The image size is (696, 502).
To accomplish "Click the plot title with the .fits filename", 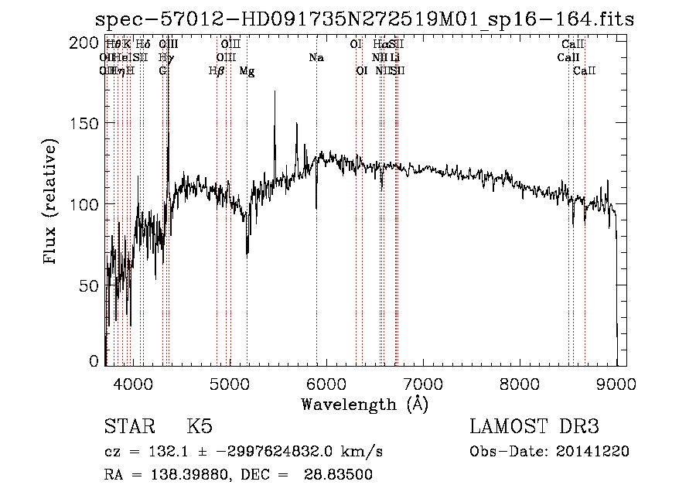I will click(x=363, y=20).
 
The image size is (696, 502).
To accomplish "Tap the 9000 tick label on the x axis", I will click(x=616, y=382).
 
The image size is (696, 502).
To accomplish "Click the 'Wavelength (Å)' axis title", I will click(x=364, y=403).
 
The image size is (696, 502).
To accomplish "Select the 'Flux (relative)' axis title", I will click(x=52, y=203).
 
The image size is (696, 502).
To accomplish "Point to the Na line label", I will click(x=316, y=57).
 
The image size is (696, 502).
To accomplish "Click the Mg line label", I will click(x=247, y=71).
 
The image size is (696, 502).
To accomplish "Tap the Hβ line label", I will click(x=217, y=71).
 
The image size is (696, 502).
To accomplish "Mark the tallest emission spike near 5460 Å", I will click(x=274, y=92).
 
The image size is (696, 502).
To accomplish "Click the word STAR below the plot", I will click(x=128, y=427).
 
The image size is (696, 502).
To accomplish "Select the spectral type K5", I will click(x=199, y=427).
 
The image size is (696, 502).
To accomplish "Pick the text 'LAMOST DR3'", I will click(x=534, y=427).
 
